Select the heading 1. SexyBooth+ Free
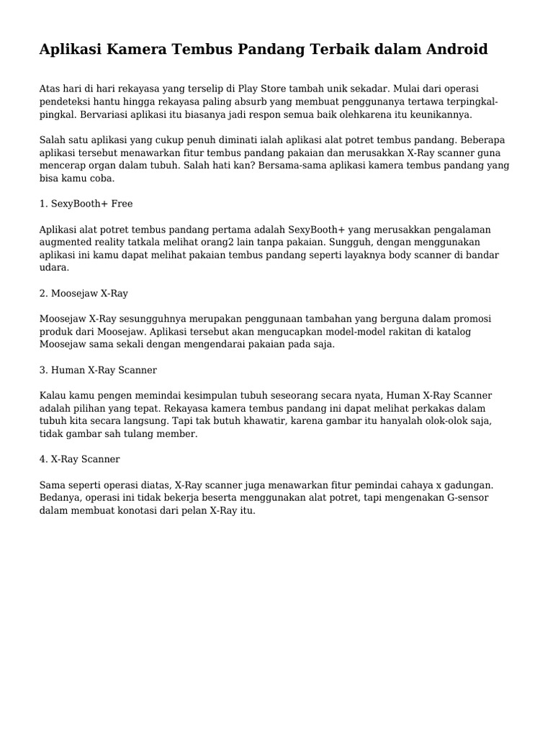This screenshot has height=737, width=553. [x=86, y=204]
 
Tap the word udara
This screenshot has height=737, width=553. [x=54, y=267]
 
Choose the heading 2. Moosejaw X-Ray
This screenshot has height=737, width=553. [x=84, y=293]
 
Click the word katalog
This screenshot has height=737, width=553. [x=472, y=331]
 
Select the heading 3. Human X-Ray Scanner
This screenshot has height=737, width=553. [x=98, y=370]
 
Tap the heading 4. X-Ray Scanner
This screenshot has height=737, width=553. [x=79, y=458]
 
